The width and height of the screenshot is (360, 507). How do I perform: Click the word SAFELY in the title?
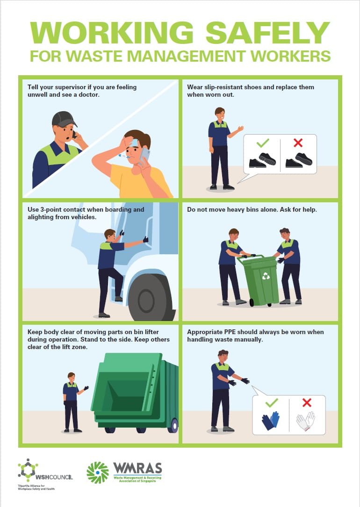[267, 33]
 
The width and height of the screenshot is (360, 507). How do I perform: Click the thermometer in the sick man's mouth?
[124, 156]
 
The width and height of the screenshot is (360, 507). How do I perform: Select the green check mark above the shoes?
[263, 143]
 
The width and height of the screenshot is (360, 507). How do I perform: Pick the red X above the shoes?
[298, 143]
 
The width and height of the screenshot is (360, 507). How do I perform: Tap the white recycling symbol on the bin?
[266, 276]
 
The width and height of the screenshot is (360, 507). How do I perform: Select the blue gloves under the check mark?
[270, 421]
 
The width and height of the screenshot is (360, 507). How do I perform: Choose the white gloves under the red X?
[306, 421]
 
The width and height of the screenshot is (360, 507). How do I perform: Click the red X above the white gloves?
[307, 402]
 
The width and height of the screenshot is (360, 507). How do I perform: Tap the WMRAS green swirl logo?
[98, 472]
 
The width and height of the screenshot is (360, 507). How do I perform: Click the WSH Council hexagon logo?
[28, 470]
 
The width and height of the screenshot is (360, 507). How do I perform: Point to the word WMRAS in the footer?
[137, 468]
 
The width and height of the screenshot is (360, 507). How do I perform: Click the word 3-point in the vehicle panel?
[51, 209]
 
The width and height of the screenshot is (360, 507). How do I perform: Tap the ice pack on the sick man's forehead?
[135, 142]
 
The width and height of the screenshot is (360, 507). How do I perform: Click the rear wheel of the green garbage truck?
[174, 426]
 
